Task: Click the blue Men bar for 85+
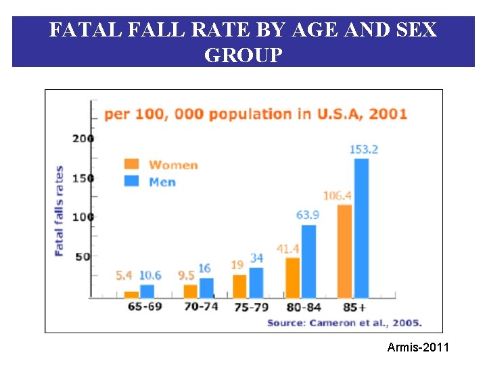click(x=362, y=228)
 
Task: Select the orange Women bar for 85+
click(x=344, y=251)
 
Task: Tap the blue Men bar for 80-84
click(x=308, y=261)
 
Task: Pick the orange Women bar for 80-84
click(x=292, y=277)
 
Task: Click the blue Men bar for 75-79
click(x=256, y=283)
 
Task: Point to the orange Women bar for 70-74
click(x=191, y=291)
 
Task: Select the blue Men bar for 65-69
click(x=147, y=291)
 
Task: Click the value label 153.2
click(x=363, y=149)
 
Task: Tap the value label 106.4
click(x=337, y=196)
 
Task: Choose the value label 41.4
click(x=288, y=249)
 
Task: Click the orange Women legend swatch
click(x=132, y=164)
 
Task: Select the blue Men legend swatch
click(x=132, y=180)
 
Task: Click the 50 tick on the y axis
click(x=83, y=257)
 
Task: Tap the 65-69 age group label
click(x=145, y=306)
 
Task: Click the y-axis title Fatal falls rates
click(x=60, y=210)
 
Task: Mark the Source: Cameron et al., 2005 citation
click(x=344, y=322)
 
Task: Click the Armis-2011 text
click(x=417, y=347)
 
